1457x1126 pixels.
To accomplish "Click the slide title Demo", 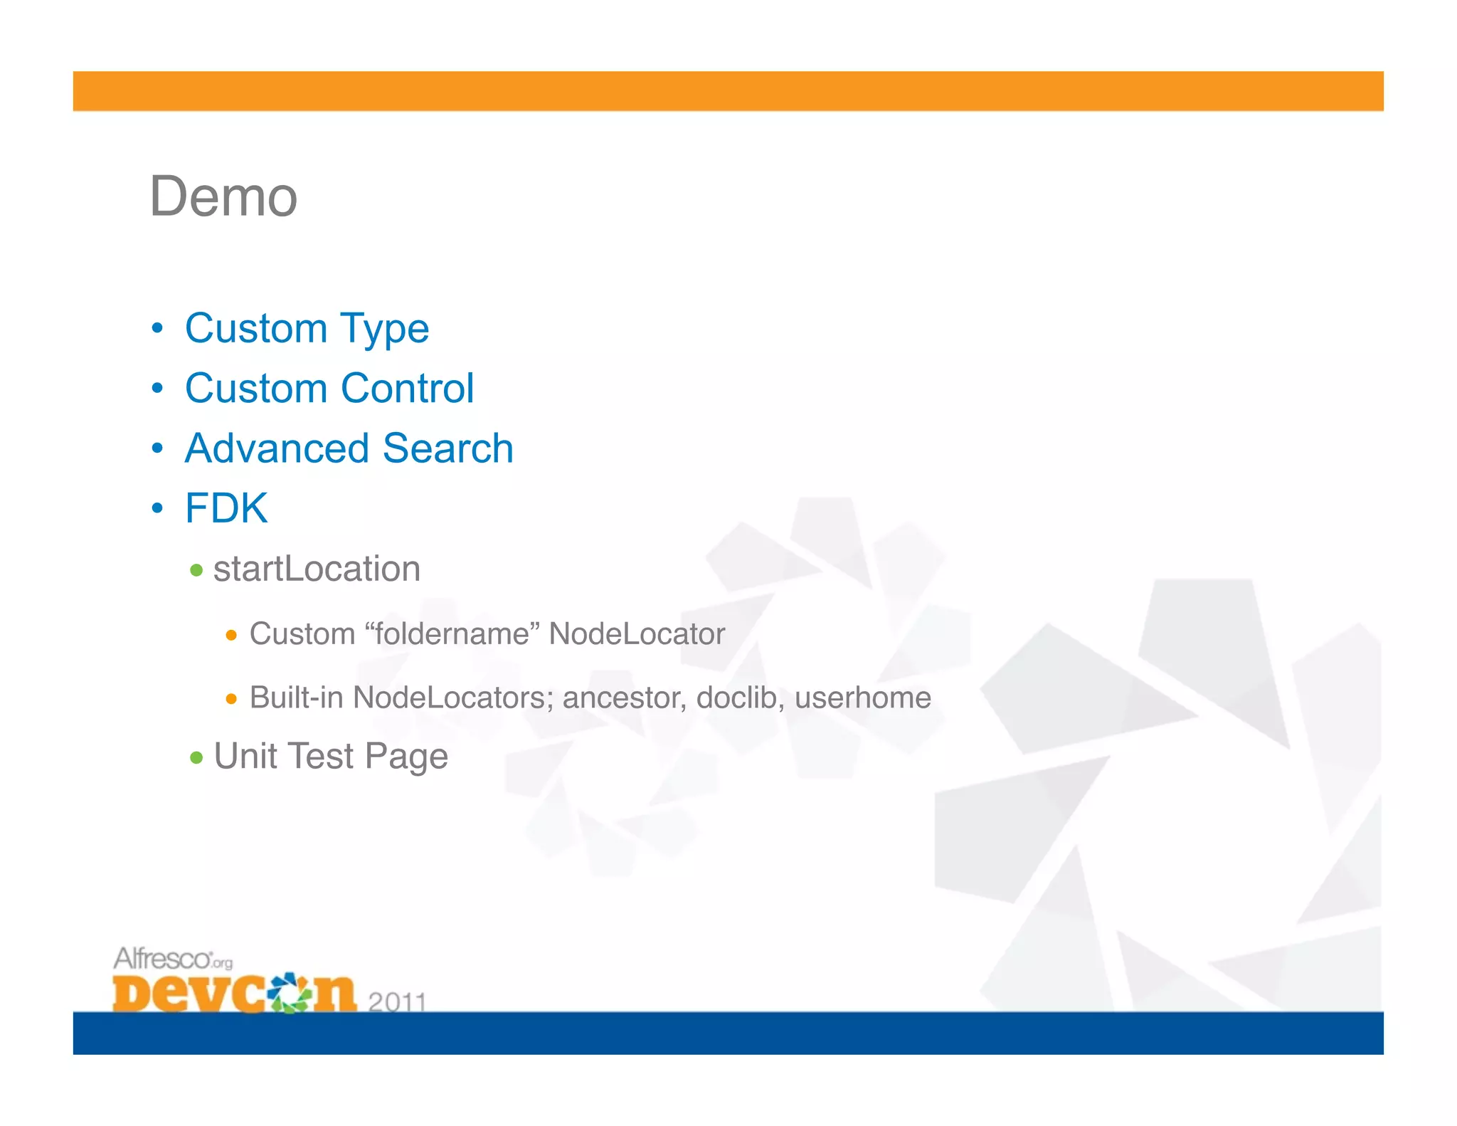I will (x=223, y=196).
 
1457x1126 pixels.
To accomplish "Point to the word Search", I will (x=447, y=448).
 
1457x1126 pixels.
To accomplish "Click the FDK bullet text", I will (x=226, y=508).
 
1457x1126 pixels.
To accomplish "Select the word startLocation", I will (x=317, y=569).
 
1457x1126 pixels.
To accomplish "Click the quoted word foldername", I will (x=452, y=633).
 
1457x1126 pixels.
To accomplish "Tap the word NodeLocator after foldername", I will (x=637, y=633).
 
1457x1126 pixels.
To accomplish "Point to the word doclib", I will (x=740, y=698).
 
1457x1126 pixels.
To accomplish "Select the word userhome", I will (x=862, y=698).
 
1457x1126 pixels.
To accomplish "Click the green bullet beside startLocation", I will (x=197, y=570).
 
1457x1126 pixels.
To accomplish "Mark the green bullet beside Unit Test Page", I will (x=197, y=757).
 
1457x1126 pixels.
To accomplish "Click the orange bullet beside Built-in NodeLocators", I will (x=231, y=699).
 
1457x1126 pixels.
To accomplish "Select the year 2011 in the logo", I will (x=397, y=1001).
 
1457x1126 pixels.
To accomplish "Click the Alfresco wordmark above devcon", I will (x=164, y=959).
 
